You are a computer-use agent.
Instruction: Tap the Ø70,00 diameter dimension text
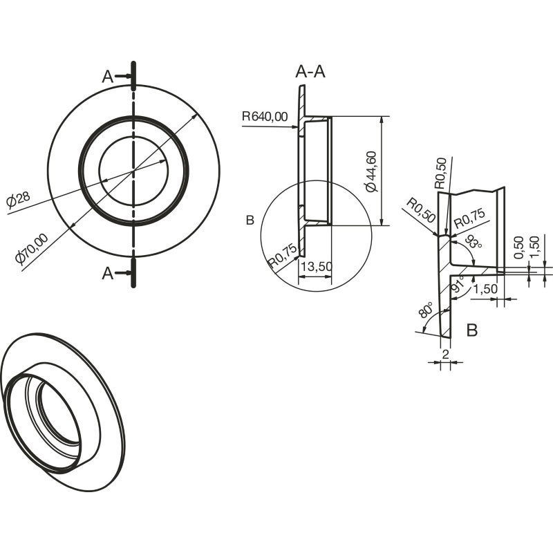pos(32,249)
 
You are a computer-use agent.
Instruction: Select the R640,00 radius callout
pos(265,116)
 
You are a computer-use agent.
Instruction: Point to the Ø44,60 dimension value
pos(372,171)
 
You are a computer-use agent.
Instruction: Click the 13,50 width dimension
pos(317,267)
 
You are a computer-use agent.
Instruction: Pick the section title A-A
pos(310,72)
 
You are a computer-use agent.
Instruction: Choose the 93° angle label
pos(473,243)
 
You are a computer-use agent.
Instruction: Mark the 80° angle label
pos(425,310)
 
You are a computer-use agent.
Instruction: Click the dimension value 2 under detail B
pos(445,354)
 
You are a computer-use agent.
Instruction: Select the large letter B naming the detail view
pos(472,330)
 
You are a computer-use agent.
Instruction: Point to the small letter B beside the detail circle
pos(250,221)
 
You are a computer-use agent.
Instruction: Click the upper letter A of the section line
pos(108,77)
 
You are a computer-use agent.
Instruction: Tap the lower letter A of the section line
pos(108,273)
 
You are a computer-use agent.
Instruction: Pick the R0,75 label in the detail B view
pos(470,218)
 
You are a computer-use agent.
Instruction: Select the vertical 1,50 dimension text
pos(534,247)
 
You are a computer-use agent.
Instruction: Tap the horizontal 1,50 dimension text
pos(485,289)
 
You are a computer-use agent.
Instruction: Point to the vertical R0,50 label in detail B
pos(440,174)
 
